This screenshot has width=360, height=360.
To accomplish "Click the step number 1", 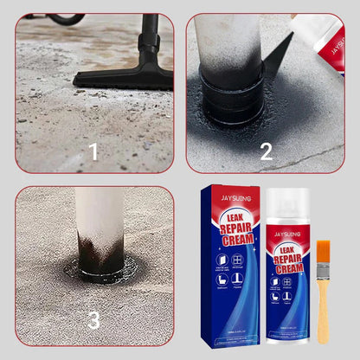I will (x=93, y=152).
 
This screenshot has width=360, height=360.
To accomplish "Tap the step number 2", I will (x=266, y=152).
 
